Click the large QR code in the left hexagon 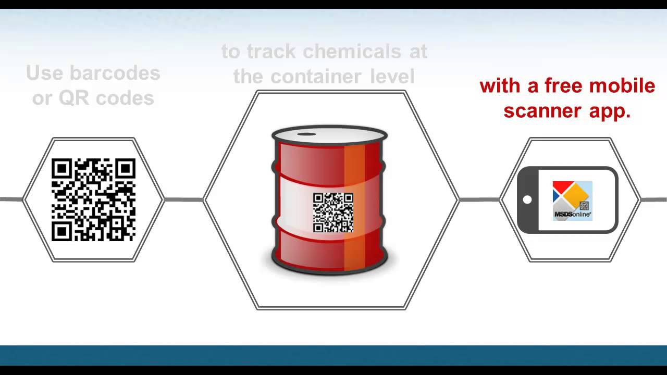pos(94,200)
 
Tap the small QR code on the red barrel pos(333,213)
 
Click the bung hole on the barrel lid pos(306,134)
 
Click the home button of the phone pos(527,199)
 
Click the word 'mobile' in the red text pos(625,86)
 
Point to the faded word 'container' pos(316,77)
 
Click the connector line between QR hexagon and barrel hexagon pos(183,199)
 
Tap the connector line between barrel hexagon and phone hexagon pos(479,199)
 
